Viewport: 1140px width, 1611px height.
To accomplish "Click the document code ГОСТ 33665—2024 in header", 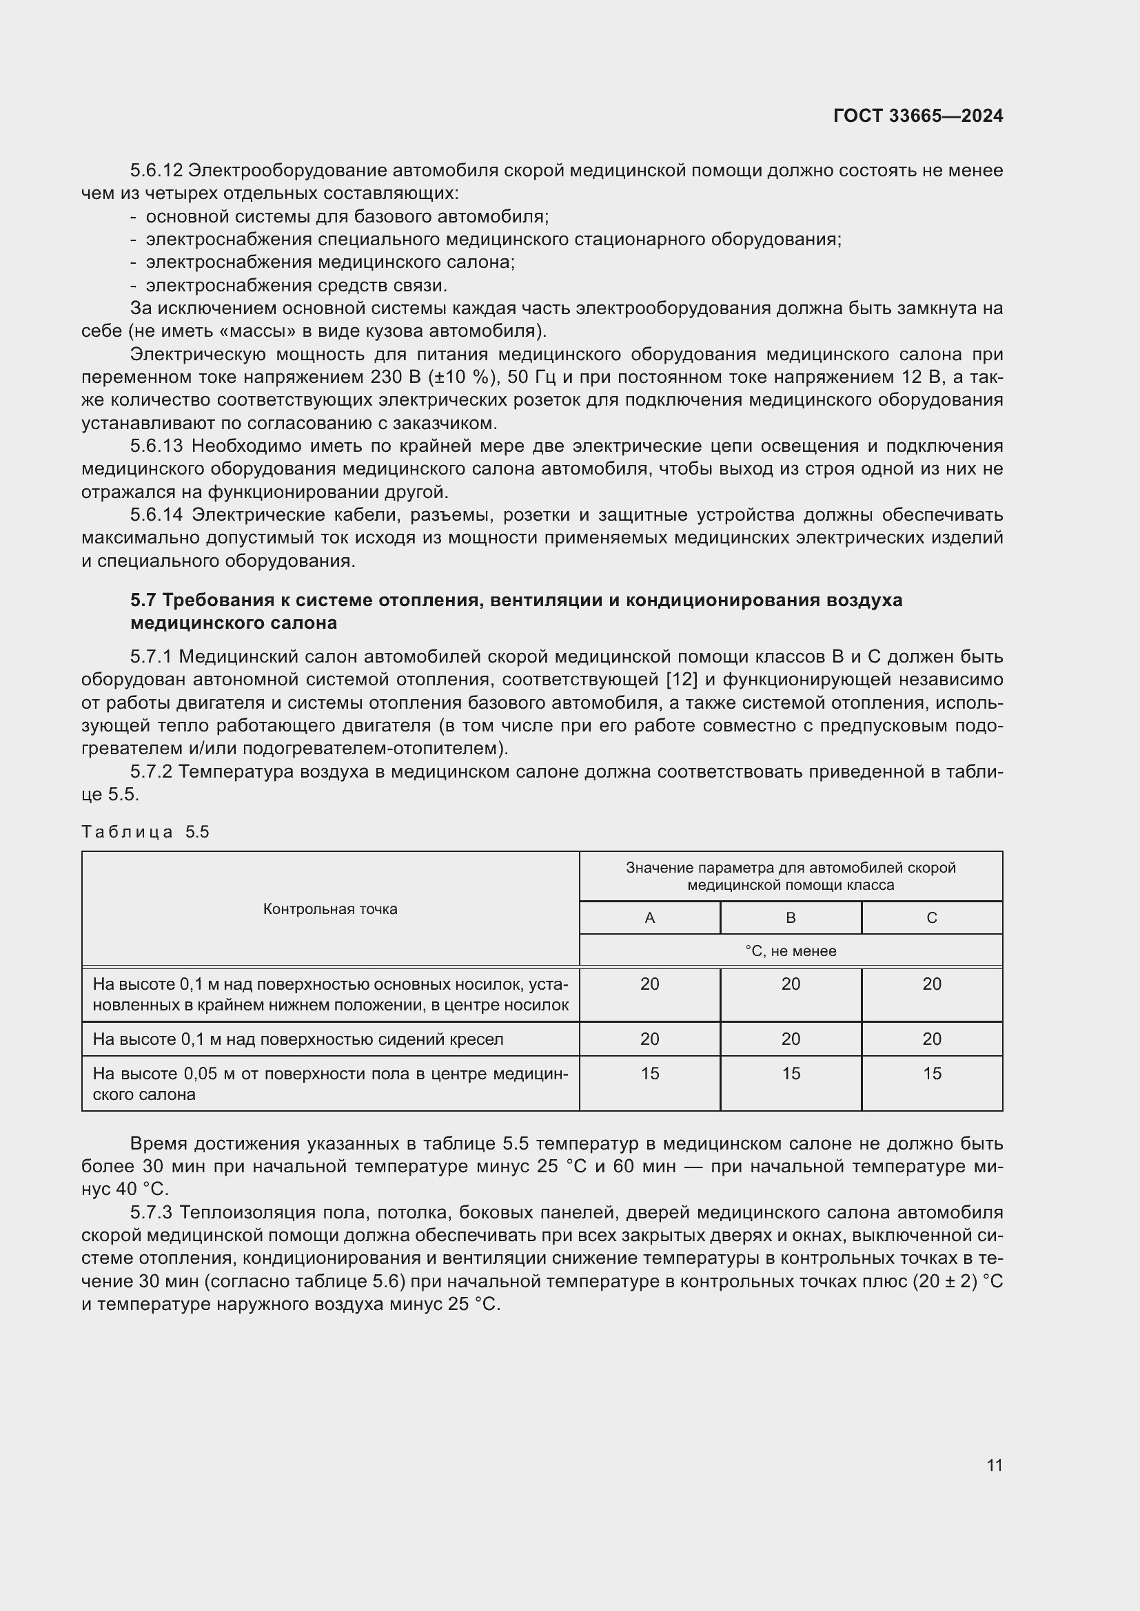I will pos(917,116).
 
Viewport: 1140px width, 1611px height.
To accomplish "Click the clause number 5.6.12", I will pos(156,171).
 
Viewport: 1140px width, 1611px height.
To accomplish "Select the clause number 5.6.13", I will pos(156,446).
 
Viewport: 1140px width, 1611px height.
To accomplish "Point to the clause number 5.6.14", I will pos(156,515).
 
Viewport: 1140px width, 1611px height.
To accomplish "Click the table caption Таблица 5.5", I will pos(145,831).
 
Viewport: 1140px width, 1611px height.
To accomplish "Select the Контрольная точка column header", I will pos(330,908).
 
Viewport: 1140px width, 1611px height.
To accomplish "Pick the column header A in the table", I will pos(649,917).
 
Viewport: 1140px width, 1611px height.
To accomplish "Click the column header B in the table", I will pos(791,917).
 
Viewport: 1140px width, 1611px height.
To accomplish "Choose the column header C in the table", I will pos(932,917).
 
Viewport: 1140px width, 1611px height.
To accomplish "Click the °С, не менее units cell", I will pos(791,950).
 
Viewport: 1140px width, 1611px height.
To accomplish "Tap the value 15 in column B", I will pos(791,1074).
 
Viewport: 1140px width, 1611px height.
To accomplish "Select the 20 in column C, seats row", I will pos(932,1039).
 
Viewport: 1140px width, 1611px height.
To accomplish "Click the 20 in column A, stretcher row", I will pos(649,984).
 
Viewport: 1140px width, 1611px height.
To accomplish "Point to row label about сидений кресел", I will pos(298,1039).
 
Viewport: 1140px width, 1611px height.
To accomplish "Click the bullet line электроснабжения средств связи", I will pos(296,286).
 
